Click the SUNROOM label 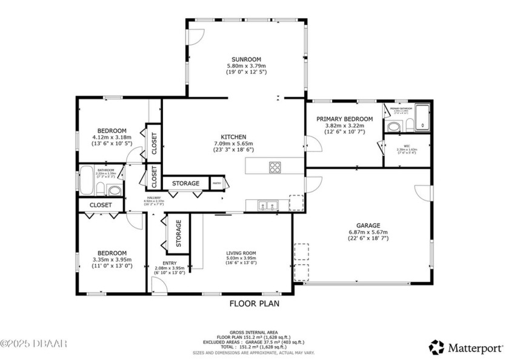(x=246, y=59)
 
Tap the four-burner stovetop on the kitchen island (x=275, y=167)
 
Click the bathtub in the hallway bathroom (x=87, y=180)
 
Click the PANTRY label (x=216, y=183)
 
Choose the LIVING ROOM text (x=241, y=254)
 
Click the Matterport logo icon (x=436, y=347)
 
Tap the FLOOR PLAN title (x=254, y=304)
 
